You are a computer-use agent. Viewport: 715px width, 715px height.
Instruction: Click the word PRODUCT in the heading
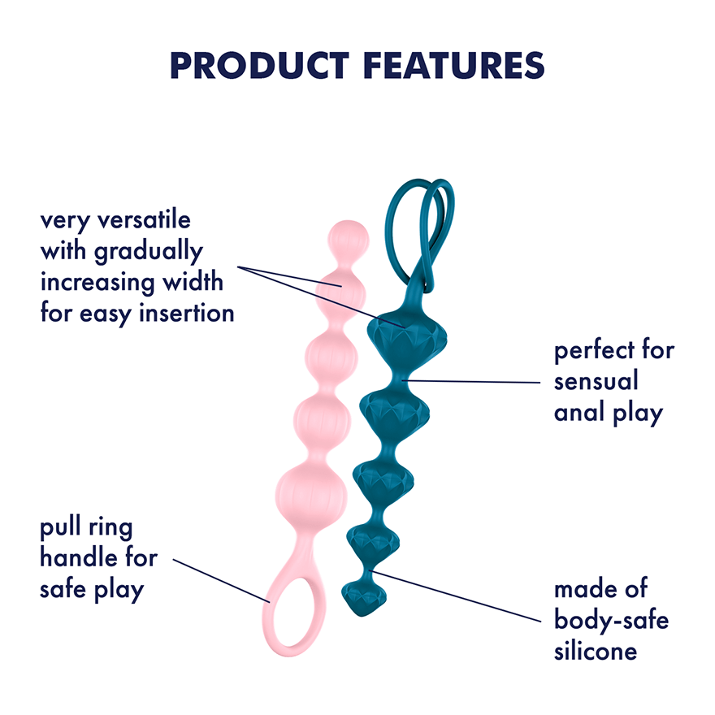(x=259, y=66)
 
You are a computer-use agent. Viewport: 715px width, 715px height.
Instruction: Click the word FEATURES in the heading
(x=454, y=66)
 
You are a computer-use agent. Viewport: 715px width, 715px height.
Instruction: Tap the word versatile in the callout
(x=144, y=220)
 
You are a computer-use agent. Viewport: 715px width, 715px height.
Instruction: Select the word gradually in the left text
(x=148, y=252)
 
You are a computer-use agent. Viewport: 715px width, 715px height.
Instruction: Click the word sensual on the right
(x=596, y=381)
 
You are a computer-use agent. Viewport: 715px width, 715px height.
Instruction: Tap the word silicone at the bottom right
(x=596, y=650)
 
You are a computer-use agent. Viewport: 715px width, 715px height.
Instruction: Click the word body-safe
(x=612, y=619)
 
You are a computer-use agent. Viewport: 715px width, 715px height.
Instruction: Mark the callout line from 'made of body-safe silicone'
(x=455, y=596)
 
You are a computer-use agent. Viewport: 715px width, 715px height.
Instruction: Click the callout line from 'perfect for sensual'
(x=470, y=381)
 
